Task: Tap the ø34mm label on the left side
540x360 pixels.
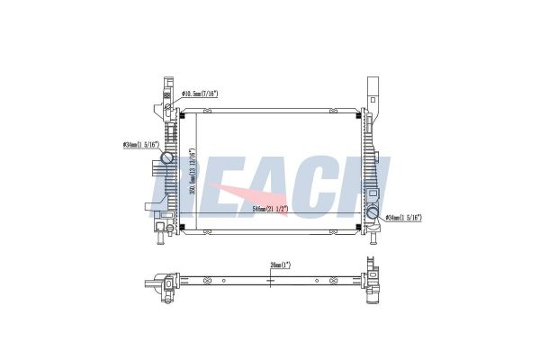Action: pos(139,144)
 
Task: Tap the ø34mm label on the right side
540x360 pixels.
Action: pos(404,217)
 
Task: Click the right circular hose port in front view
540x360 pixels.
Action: pos(373,213)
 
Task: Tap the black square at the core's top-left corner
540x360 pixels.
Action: pos(182,115)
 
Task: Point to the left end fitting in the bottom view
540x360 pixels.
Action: pos(166,284)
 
